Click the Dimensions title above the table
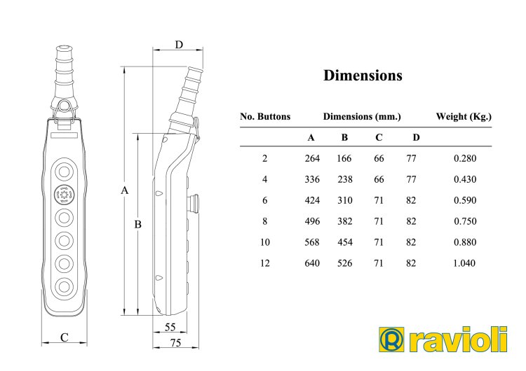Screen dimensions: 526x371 point(363,76)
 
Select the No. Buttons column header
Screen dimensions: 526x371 point(265,116)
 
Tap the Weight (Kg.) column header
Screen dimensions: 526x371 point(464,116)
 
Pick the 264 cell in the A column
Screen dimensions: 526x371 point(312,158)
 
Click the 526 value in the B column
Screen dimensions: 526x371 point(345,263)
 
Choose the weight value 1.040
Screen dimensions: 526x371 point(464,263)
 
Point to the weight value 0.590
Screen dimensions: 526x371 point(465,200)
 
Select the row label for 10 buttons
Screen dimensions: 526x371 point(265,242)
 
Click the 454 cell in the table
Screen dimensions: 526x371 point(345,242)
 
